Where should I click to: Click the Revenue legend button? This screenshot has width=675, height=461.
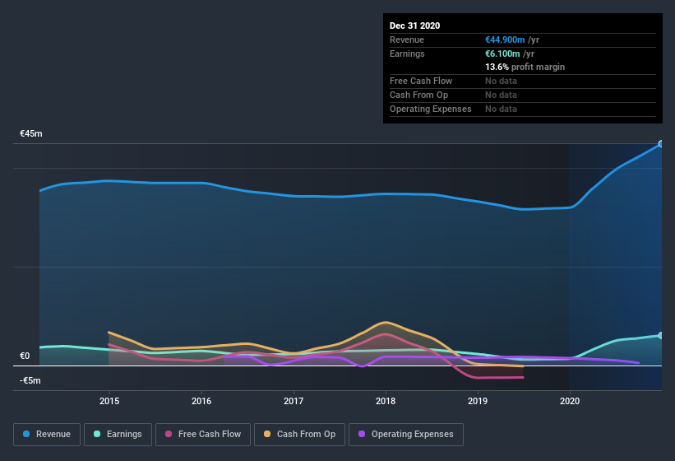(47, 434)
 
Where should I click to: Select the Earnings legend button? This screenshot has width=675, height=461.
(118, 434)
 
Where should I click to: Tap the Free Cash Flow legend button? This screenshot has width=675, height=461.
(202, 434)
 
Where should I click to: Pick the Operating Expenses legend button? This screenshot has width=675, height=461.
(405, 434)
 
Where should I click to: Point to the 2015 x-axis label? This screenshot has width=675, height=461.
(109, 401)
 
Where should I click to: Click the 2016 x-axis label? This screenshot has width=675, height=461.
(201, 401)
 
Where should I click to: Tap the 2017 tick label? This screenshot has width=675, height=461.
(294, 401)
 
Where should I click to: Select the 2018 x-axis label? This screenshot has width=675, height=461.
(386, 401)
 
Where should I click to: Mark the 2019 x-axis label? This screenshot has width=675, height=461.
(478, 401)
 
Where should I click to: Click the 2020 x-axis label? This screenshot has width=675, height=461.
(569, 401)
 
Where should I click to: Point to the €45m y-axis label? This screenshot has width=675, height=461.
(31, 133)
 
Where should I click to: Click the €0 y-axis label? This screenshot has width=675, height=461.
(25, 356)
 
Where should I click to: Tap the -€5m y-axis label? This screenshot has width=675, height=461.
(30, 380)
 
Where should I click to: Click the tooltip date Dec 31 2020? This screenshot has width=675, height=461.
(414, 26)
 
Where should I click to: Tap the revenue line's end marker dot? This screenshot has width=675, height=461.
(661, 144)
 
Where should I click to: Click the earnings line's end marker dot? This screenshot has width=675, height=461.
(661, 335)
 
